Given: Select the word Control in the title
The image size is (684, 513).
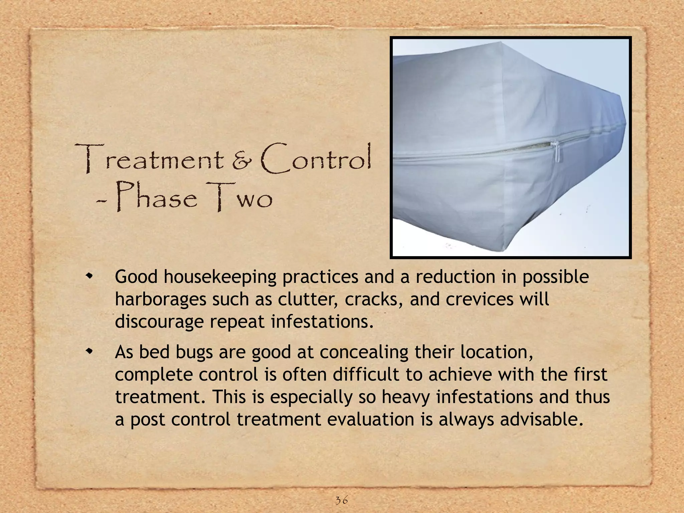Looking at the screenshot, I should (316, 159).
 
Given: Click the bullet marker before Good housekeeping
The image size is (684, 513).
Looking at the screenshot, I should (89, 276).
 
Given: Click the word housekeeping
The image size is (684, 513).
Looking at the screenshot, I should (220, 277).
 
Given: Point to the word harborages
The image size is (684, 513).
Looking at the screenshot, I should (160, 299).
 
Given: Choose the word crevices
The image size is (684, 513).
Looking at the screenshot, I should (479, 299).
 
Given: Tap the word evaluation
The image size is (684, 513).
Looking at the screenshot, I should (371, 419).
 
